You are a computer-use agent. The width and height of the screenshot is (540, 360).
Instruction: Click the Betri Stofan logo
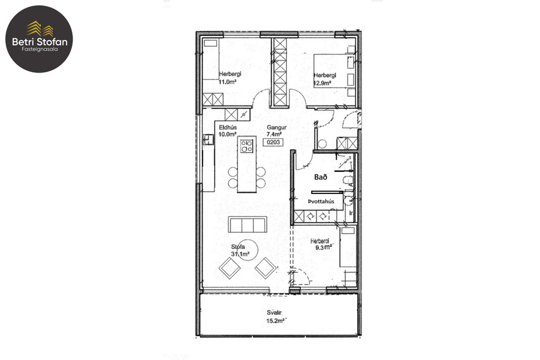39,39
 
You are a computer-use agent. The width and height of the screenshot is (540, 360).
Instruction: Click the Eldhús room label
226,127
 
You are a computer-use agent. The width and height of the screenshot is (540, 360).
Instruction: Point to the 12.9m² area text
322,83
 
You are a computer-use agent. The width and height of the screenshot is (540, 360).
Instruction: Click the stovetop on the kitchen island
247,145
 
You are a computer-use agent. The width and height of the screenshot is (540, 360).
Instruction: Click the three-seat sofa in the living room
247,224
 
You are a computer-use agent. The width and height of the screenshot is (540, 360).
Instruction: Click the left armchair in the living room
230,268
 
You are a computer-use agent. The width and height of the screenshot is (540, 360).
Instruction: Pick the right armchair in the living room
266,268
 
